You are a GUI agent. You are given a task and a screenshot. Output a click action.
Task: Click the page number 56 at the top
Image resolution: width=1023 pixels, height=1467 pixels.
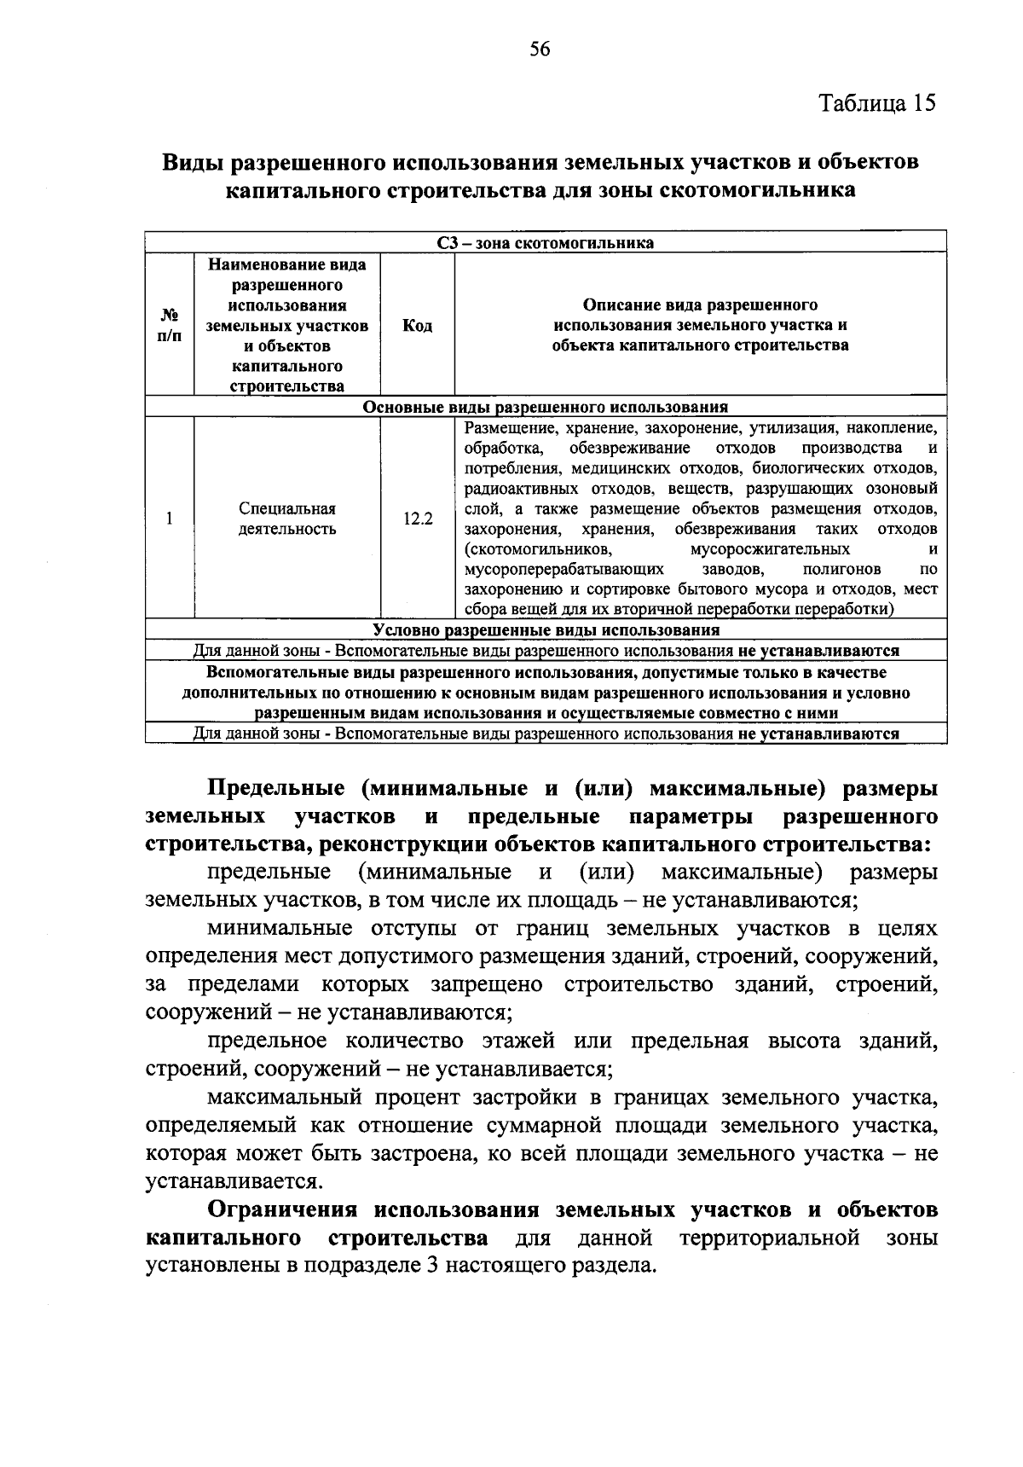coord(540,49)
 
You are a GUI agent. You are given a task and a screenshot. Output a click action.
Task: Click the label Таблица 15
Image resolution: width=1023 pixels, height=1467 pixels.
coord(877,103)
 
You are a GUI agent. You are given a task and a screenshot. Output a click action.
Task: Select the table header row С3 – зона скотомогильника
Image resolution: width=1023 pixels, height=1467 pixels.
coord(546,243)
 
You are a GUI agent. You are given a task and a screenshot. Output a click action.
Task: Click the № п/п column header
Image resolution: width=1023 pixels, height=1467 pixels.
coord(170,325)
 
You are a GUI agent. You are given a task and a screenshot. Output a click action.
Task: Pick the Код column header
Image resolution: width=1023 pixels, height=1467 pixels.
coord(417,326)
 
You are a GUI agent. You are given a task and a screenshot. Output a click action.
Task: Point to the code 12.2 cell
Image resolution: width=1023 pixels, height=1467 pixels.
coord(417,519)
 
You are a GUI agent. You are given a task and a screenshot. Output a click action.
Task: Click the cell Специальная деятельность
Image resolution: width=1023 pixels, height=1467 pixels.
coord(287,519)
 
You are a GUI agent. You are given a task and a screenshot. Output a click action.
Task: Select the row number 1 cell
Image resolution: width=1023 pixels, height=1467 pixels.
coord(170,519)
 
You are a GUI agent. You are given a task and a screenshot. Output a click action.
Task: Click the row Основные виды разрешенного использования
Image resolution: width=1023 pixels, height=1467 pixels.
coord(546,407)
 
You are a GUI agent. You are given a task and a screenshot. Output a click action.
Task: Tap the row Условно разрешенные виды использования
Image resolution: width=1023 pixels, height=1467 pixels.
coord(546,630)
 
